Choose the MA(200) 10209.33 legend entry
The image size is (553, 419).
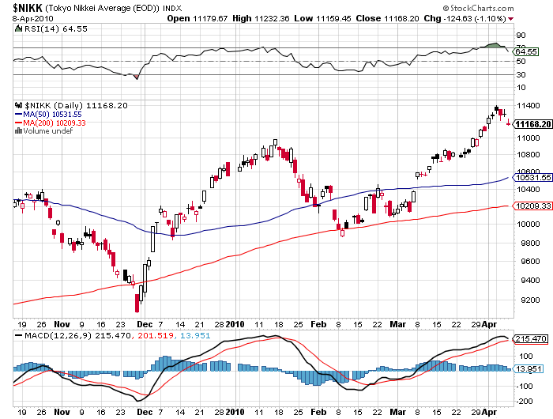52,123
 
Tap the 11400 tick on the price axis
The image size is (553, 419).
529,104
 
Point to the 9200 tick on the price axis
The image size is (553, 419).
527,300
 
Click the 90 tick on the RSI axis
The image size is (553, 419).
521,36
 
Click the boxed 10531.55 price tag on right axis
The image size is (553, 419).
532,179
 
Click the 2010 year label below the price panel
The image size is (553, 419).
236,324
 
